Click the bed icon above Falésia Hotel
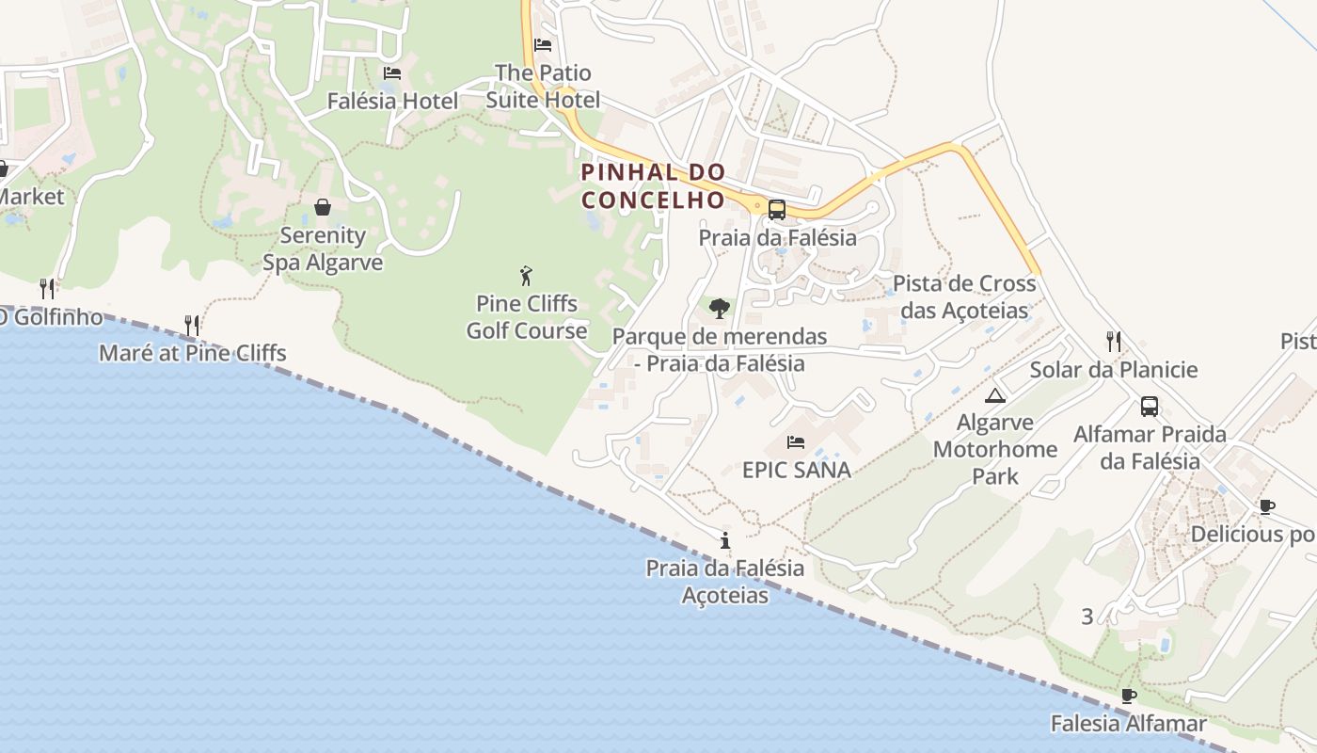(392, 73)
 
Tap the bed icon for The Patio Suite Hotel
(543, 44)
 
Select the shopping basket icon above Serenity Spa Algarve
(323, 207)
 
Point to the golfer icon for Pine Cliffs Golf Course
(526, 276)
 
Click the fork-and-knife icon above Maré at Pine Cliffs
(192, 326)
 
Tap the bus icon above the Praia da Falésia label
(777, 210)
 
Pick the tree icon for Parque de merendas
(720, 308)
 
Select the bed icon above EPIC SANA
(796, 441)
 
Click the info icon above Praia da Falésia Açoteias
(724, 540)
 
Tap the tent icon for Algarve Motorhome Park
(995, 394)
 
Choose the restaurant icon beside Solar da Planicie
(1114, 341)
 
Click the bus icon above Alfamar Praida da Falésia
(1150, 407)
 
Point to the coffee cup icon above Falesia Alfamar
(1129, 697)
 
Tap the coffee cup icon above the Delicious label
(1267, 507)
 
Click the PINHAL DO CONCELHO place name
(653, 186)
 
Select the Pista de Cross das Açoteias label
(964, 296)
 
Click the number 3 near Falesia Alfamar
(1087, 617)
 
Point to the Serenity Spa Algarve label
(323, 248)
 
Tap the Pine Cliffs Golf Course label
(527, 317)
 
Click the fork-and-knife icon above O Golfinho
(47, 288)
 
